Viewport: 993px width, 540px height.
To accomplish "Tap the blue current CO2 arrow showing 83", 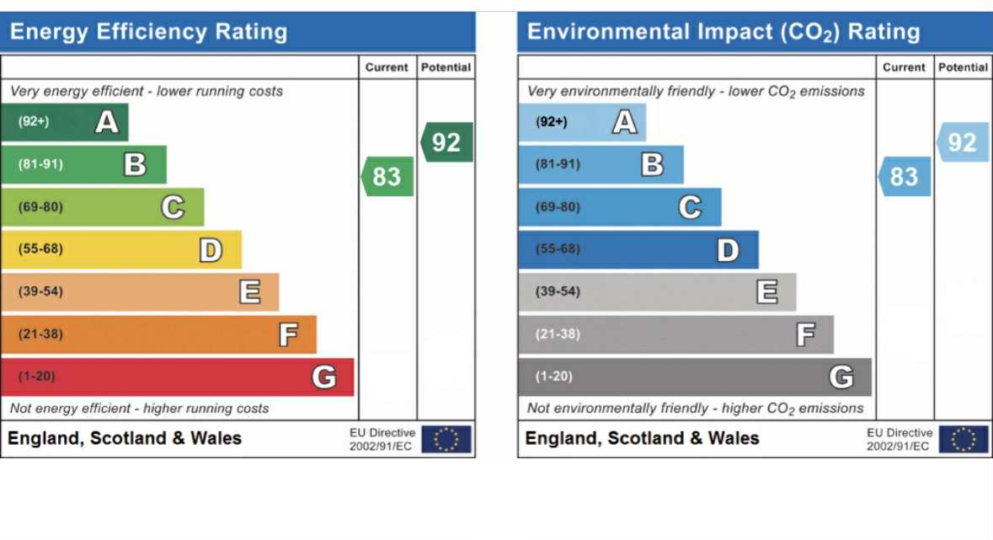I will pos(905,177).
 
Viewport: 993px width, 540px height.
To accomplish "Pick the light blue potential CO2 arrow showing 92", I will pos(963,142).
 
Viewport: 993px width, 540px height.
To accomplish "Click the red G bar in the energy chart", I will pos(177,377).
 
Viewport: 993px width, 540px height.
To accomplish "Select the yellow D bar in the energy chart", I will pos(121,249).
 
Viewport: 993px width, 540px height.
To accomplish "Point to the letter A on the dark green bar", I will pos(106,122).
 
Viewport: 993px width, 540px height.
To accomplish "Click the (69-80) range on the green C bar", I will pos(40,207).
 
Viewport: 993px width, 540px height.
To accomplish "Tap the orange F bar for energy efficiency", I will pos(158,334).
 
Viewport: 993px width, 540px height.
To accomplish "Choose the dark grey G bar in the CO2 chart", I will pos(694,377).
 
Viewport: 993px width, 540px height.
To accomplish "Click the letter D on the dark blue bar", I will pos(728,250).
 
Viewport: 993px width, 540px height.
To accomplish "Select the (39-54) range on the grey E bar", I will pos(558,291).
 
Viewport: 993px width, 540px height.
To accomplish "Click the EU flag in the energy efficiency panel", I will pos(446,439).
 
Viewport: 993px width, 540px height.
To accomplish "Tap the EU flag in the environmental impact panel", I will pos(964,439).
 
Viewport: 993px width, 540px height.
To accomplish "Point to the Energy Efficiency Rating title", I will pos(148,33).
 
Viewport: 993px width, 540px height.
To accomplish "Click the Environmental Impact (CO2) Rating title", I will pos(723,33).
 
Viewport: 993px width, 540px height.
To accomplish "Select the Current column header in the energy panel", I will pos(387,67).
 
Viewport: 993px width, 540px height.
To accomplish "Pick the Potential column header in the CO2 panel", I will pos(963,67).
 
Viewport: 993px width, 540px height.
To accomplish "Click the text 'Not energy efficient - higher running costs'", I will pos(139,409).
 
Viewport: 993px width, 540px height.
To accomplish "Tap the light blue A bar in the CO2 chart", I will pos(582,122).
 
